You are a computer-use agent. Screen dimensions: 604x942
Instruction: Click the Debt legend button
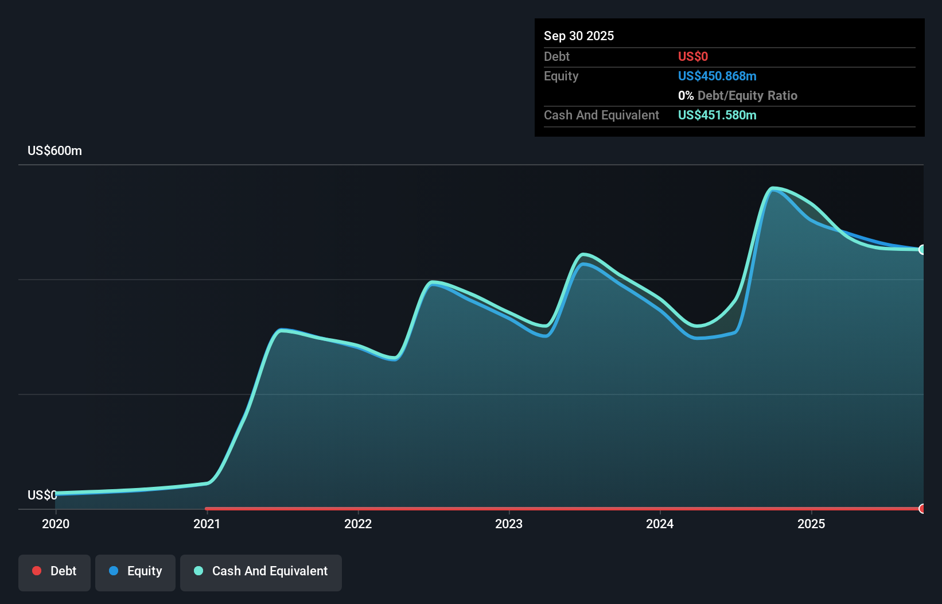coord(55,572)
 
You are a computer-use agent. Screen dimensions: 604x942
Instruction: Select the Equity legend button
coord(135,572)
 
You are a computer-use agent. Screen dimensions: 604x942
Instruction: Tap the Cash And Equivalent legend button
coord(261,572)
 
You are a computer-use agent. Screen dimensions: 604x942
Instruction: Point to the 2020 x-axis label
coord(56,524)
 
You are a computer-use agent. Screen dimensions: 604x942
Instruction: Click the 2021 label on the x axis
coord(207,524)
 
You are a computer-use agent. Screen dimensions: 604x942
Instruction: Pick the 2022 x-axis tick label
coord(358,524)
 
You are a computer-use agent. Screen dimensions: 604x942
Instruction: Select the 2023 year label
coord(509,524)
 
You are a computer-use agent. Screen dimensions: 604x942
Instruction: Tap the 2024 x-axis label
coord(660,524)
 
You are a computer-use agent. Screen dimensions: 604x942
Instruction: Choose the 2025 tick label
coord(811,524)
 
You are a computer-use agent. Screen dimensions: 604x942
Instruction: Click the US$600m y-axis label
coord(55,151)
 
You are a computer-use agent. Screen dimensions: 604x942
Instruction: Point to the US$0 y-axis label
coord(42,495)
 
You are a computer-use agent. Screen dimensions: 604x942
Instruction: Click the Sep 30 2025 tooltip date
coord(578,36)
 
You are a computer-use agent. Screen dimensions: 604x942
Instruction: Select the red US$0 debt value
coord(692,56)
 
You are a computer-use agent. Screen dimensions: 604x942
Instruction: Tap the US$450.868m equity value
coord(717,76)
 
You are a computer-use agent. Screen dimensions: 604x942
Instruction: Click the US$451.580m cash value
coord(717,115)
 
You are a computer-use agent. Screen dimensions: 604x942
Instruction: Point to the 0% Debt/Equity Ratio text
coord(737,95)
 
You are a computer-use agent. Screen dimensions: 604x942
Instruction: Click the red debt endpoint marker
coord(922,509)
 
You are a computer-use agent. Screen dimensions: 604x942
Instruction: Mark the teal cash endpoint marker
coord(922,250)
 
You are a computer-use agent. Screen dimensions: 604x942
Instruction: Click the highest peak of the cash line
coord(773,188)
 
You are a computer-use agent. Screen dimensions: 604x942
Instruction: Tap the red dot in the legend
coord(37,571)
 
